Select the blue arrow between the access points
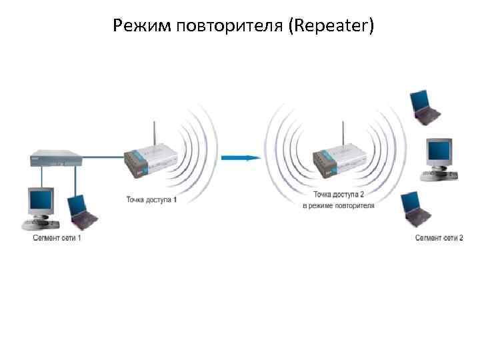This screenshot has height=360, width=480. pyautogui.click(x=240, y=158)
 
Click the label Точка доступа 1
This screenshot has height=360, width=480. pyautogui.click(x=152, y=199)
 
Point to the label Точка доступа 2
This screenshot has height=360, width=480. pyautogui.click(x=339, y=195)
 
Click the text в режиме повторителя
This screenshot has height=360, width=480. pyautogui.click(x=339, y=206)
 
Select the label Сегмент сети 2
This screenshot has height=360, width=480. pyautogui.click(x=439, y=238)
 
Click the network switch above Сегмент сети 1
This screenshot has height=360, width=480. pyautogui.click(x=56, y=159)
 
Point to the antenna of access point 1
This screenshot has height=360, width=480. pyautogui.click(x=154, y=133)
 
